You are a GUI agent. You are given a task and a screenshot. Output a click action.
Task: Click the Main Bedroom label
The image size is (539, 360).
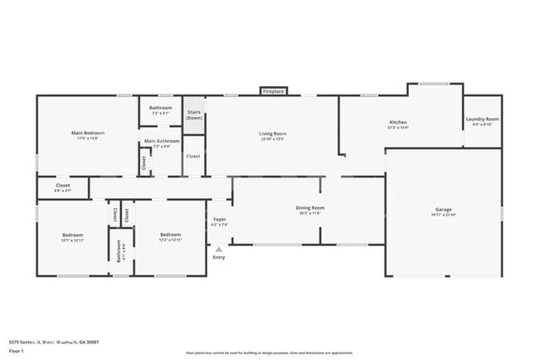click(x=88, y=133)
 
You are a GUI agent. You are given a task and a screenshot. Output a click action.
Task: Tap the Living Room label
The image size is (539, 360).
click(x=273, y=134)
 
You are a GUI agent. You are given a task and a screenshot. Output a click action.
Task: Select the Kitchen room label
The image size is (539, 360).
click(x=398, y=123)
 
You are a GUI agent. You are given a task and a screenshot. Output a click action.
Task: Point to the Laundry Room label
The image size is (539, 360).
click(x=482, y=120)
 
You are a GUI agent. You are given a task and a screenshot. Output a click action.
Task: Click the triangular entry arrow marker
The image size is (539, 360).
click(x=219, y=248)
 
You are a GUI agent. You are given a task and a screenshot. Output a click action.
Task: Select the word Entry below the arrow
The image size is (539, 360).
click(x=219, y=257)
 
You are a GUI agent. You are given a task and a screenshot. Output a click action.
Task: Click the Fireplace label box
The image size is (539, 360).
click(x=274, y=90)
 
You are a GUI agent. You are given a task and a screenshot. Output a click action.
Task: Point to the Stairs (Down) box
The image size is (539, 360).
click(x=193, y=114)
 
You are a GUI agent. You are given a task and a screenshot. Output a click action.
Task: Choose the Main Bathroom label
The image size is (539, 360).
click(x=162, y=142)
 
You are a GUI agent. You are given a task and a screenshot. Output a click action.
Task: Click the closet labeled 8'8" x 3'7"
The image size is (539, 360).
click(x=63, y=187)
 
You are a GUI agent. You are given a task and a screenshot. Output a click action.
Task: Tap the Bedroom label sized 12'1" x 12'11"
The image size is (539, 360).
click(x=73, y=237)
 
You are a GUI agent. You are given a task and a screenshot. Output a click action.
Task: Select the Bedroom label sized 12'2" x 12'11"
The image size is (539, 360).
click(x=170, y=237)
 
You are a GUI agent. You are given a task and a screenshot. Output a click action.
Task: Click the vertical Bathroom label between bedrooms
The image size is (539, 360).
click(x=119, y=251)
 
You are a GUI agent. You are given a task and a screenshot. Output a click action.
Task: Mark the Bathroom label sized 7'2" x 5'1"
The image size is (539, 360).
click(x=161, y=109)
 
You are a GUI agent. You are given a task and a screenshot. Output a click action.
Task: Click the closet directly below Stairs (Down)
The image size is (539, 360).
click(x=192, y=156)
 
